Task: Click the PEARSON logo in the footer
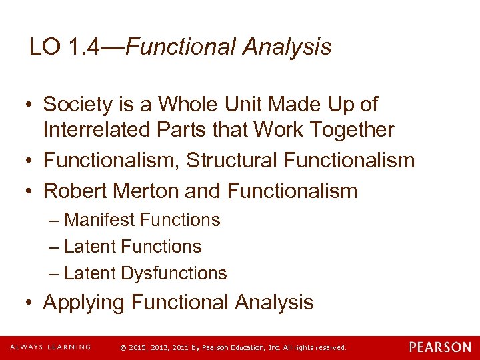440,347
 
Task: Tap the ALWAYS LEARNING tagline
50,347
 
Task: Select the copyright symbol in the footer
123,347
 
